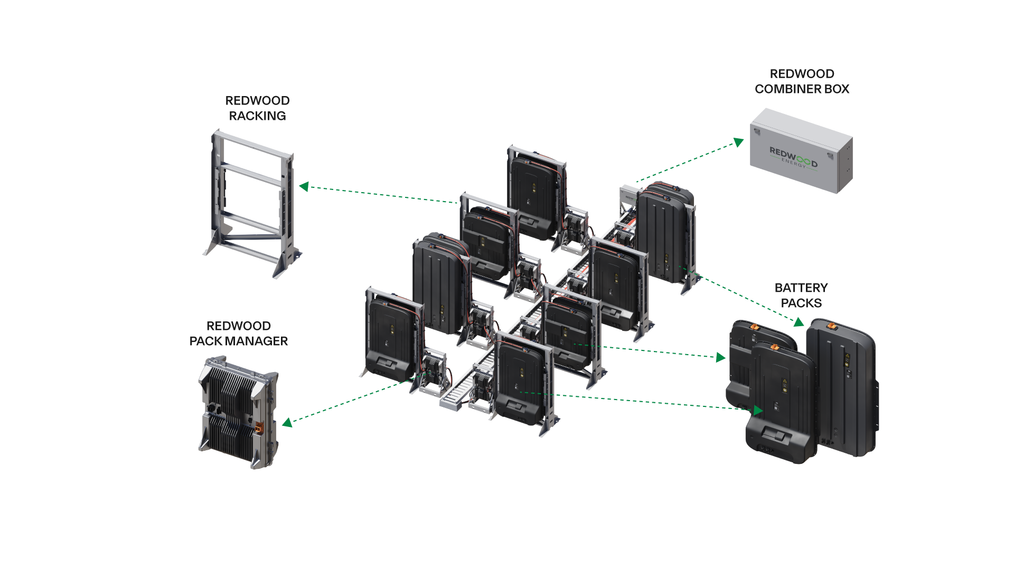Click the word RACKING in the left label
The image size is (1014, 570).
click(257, 116)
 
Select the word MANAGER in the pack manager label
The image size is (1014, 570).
click(257, 341)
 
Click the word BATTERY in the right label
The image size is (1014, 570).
click(801, 288)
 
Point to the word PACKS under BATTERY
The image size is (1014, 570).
click(801, 303)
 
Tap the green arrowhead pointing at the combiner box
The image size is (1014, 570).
click(738, 142)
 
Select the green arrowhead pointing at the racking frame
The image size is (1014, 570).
click(304, 186)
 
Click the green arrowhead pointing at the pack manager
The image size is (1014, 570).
click(287, 422)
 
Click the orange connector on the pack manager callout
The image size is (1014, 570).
click(259, 427)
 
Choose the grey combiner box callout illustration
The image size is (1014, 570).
click(802, 151)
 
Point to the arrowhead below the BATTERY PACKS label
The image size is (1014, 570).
click(799, 322)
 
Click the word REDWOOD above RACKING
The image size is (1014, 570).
click(257, 101)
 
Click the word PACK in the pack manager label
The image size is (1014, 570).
click(206, 341)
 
